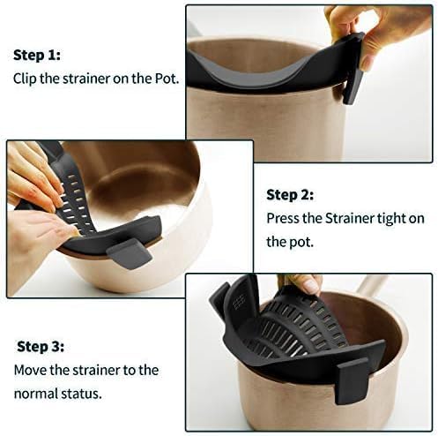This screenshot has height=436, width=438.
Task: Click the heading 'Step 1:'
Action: [36, 55]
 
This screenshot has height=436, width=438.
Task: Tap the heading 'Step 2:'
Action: [290, 195]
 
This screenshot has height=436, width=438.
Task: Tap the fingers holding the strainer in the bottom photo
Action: [304, 284]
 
